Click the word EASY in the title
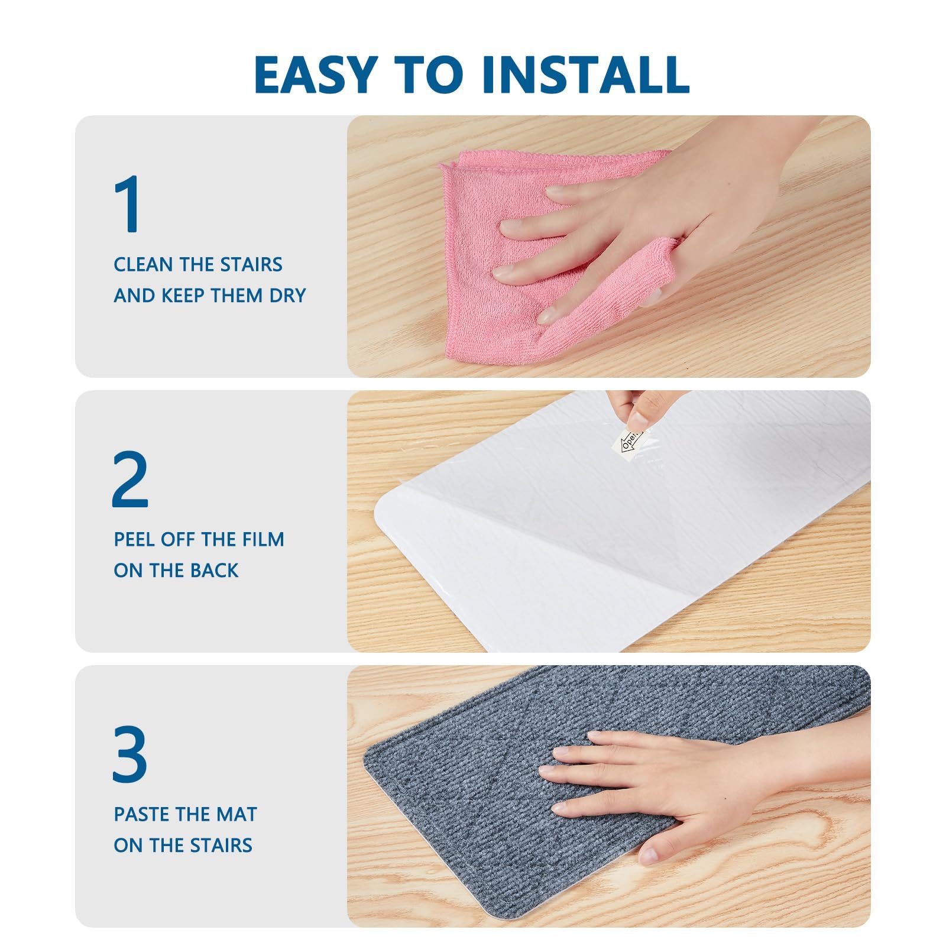click(316, 74)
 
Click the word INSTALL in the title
click(586, 74)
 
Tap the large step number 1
click(128, 204)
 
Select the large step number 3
click(129, 754)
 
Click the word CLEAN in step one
click(144, 264)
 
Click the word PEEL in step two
click(134, 539)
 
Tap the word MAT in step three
click(237, 814)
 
